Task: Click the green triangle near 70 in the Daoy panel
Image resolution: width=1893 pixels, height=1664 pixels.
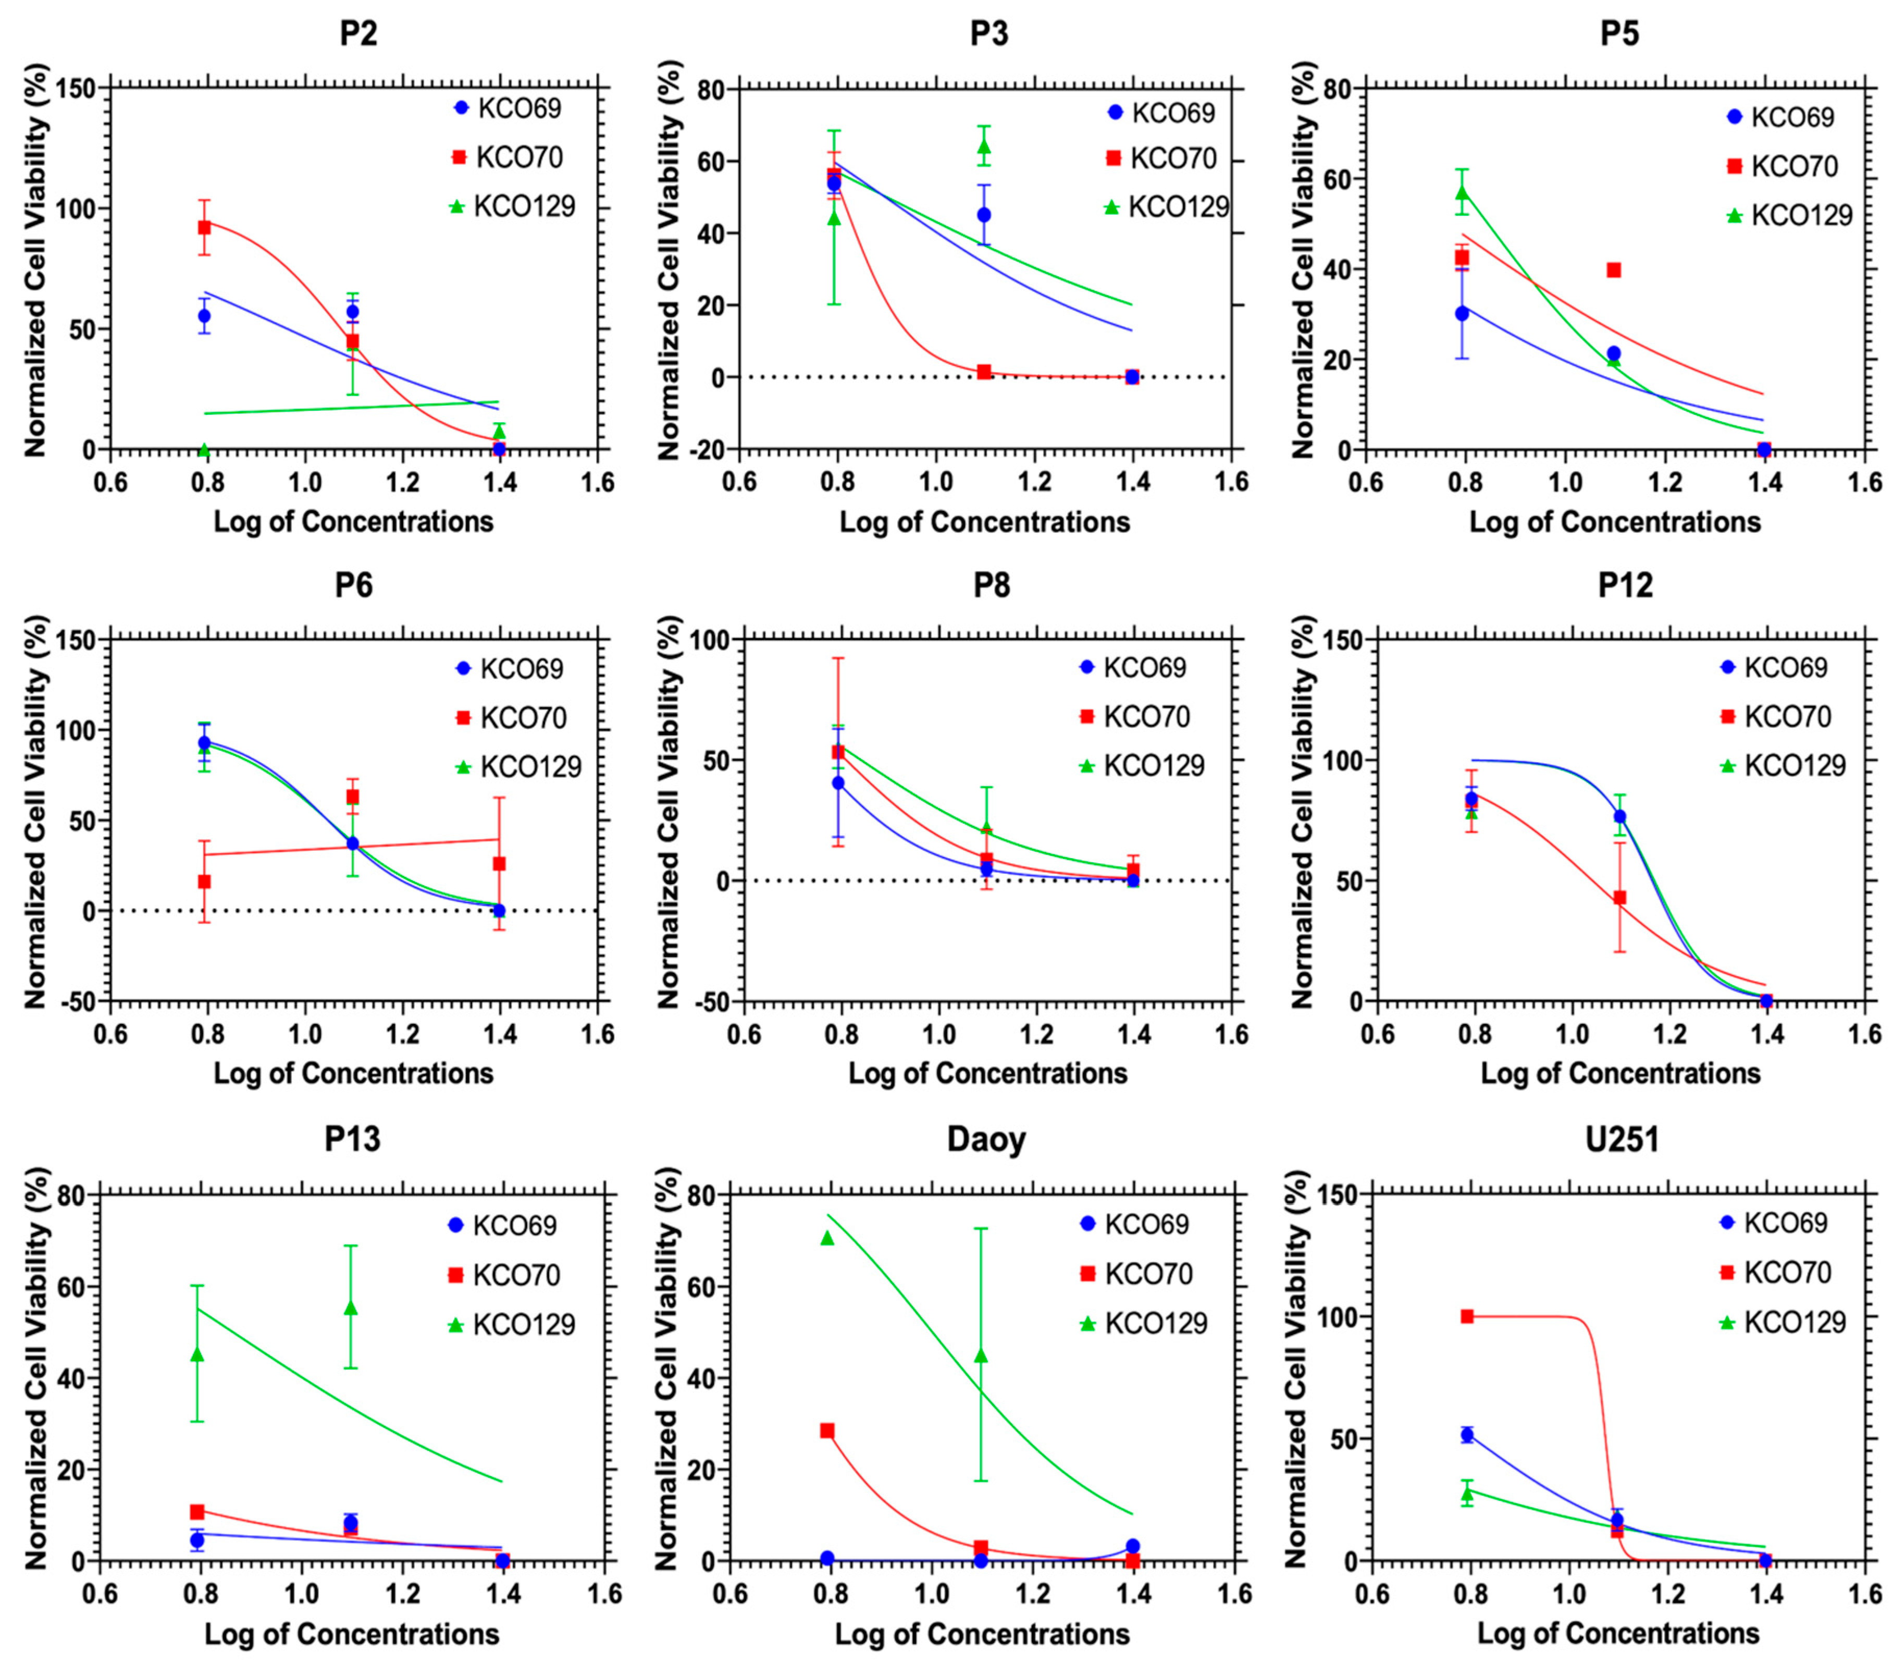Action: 827,1238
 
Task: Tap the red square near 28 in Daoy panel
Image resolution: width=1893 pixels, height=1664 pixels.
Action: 827,1430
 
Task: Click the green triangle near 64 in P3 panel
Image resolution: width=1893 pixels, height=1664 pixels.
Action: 984,146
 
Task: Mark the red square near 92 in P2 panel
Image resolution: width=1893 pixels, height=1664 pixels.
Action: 205,226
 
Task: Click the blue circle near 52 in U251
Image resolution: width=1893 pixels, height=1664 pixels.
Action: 1467,1434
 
